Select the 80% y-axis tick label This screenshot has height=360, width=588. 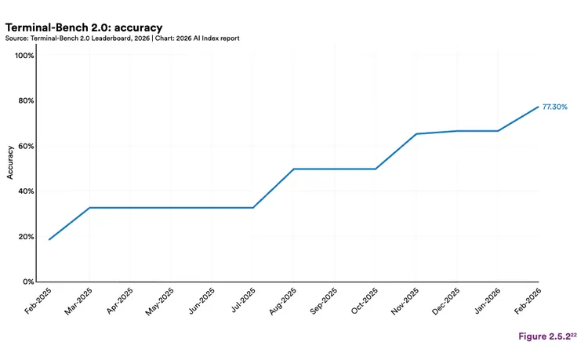[26, 101]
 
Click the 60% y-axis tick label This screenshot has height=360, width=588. [26, 146]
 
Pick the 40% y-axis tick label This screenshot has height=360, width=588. [26, 191]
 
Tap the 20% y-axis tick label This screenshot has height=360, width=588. [26, 237]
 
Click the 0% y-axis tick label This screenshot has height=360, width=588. [28, 282]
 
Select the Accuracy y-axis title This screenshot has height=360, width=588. [10, 162]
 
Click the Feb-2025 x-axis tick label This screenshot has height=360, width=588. [37, 301]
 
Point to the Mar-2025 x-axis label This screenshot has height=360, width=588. [78, 301]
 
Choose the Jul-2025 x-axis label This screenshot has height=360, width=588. [241, 301]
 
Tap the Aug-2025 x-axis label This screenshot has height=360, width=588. [281, 301]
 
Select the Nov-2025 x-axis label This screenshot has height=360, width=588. [404, 301]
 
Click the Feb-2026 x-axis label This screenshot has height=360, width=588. [526, 301]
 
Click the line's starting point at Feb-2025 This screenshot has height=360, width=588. [49, 239]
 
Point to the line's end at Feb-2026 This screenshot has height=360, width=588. [538, 107]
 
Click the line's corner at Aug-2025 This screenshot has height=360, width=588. [293, 169]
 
